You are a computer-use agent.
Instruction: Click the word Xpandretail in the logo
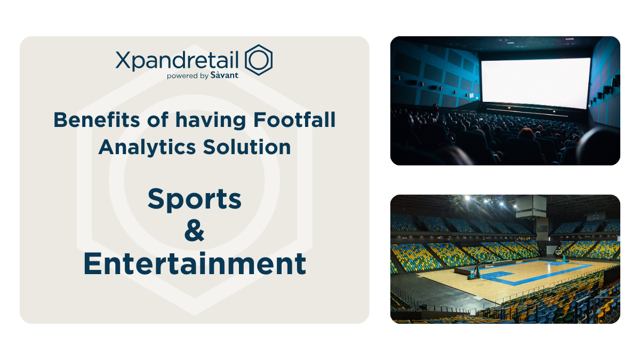(x=179, y=60)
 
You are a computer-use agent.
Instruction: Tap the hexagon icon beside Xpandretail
(x=259, y=60)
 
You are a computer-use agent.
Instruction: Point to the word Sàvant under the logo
(x=225, y=76)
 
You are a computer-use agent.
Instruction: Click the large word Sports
(x=195, y=199)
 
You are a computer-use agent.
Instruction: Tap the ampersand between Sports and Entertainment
(x=194, y=233)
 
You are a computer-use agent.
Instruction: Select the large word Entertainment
(x=195, y=264)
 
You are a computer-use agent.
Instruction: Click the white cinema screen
(x=535, y=83)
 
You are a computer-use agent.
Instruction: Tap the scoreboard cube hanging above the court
(x=530, y=206)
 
